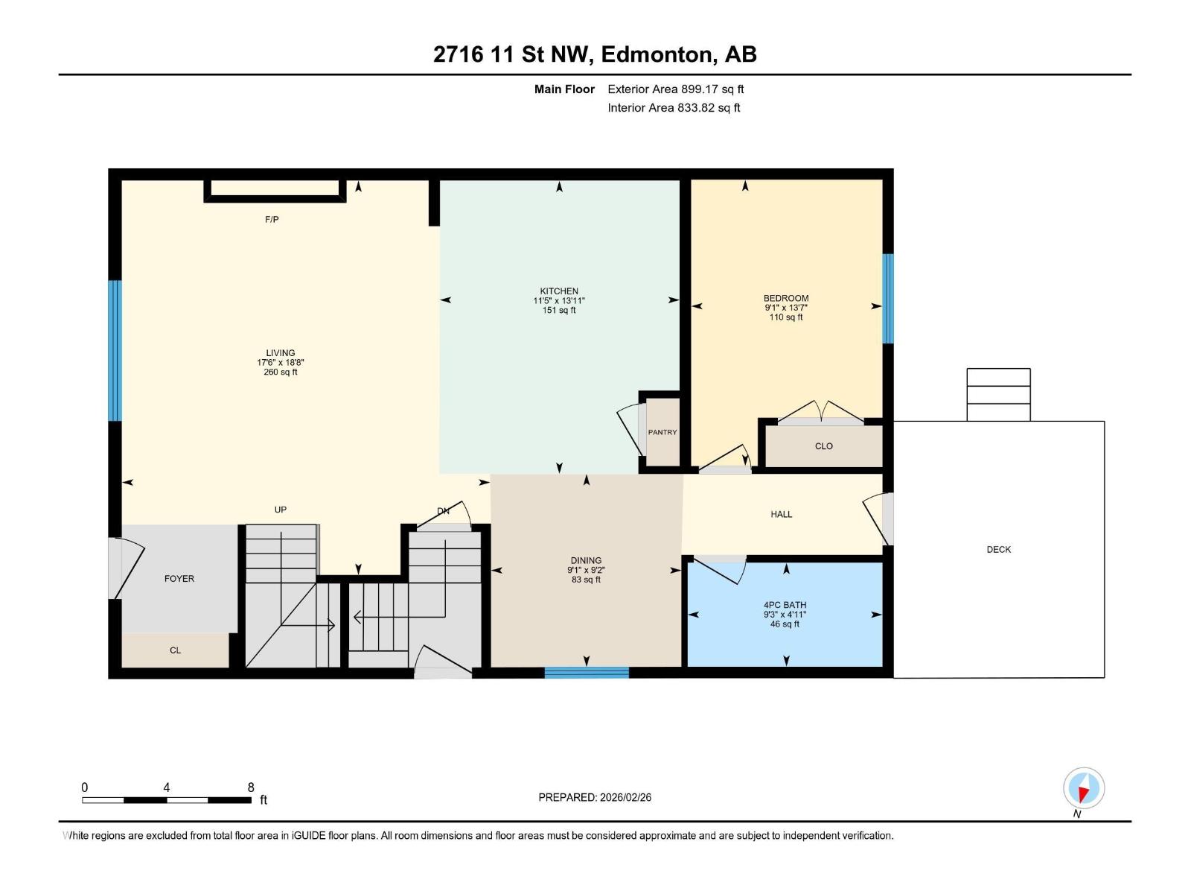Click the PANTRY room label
tap(662, 432)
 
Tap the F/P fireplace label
tap(272, 219)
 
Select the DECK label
tap(998, 549)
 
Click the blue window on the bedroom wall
tap(888, 299)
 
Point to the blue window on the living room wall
tap(115, 351)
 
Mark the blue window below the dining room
tap(587, 673)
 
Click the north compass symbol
tap(1084, 788)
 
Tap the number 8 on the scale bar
tap(251, 787)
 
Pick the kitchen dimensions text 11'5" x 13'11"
tap(559, 301)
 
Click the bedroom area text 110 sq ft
tap(785, 317)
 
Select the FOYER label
tap(179, 579)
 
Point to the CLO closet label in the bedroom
tap(824, 446)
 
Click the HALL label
tap(782, 514)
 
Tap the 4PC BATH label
tap(785, 605)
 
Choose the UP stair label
tap(281, 510)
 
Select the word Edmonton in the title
tap(657, 54)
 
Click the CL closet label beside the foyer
tap(175, 650)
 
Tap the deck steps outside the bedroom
tap(998, 395)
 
